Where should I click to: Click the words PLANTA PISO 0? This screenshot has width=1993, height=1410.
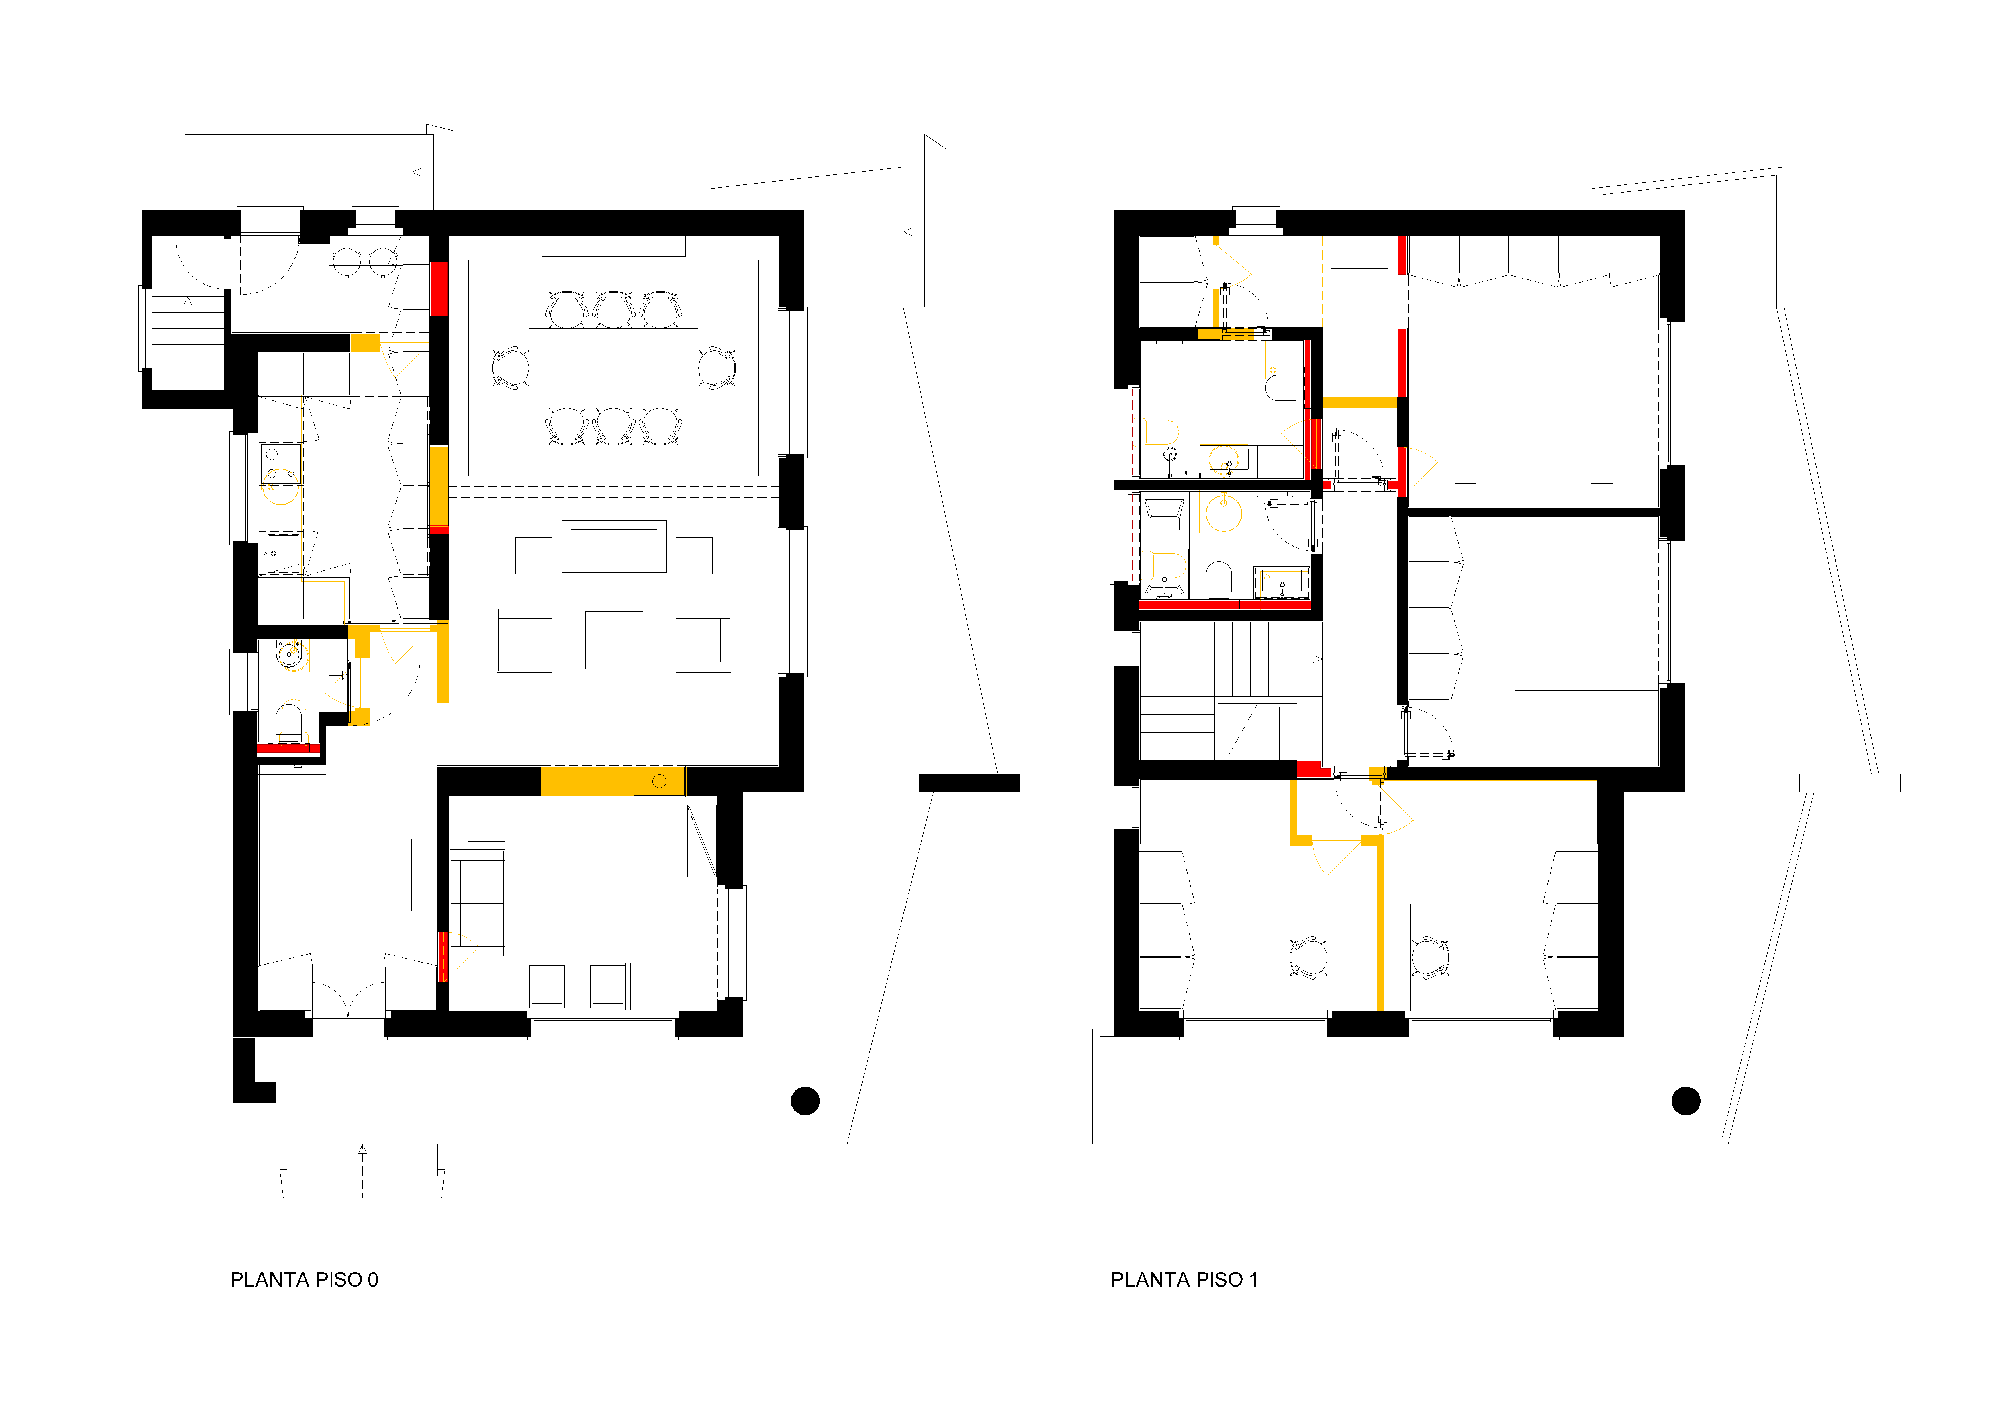(304, 1280)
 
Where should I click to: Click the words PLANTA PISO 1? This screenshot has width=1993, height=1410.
(1184, 1280)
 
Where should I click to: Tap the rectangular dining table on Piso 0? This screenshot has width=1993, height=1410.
(614, 367)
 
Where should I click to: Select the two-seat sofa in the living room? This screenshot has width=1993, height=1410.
(614, 546)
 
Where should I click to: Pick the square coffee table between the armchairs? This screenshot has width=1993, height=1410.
(614, 640)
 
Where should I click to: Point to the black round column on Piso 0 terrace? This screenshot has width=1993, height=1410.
(805, 1101)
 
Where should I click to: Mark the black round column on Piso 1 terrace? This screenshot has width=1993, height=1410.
(1686, 1101)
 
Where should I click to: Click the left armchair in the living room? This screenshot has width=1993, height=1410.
(524, 640)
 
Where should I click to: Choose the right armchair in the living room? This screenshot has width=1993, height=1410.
(703, 640)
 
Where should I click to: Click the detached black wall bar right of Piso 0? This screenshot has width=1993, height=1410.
(969, 783)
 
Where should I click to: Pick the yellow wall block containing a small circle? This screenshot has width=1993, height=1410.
(660, 781)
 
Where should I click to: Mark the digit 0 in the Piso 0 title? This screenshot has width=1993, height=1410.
(373, 1280)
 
